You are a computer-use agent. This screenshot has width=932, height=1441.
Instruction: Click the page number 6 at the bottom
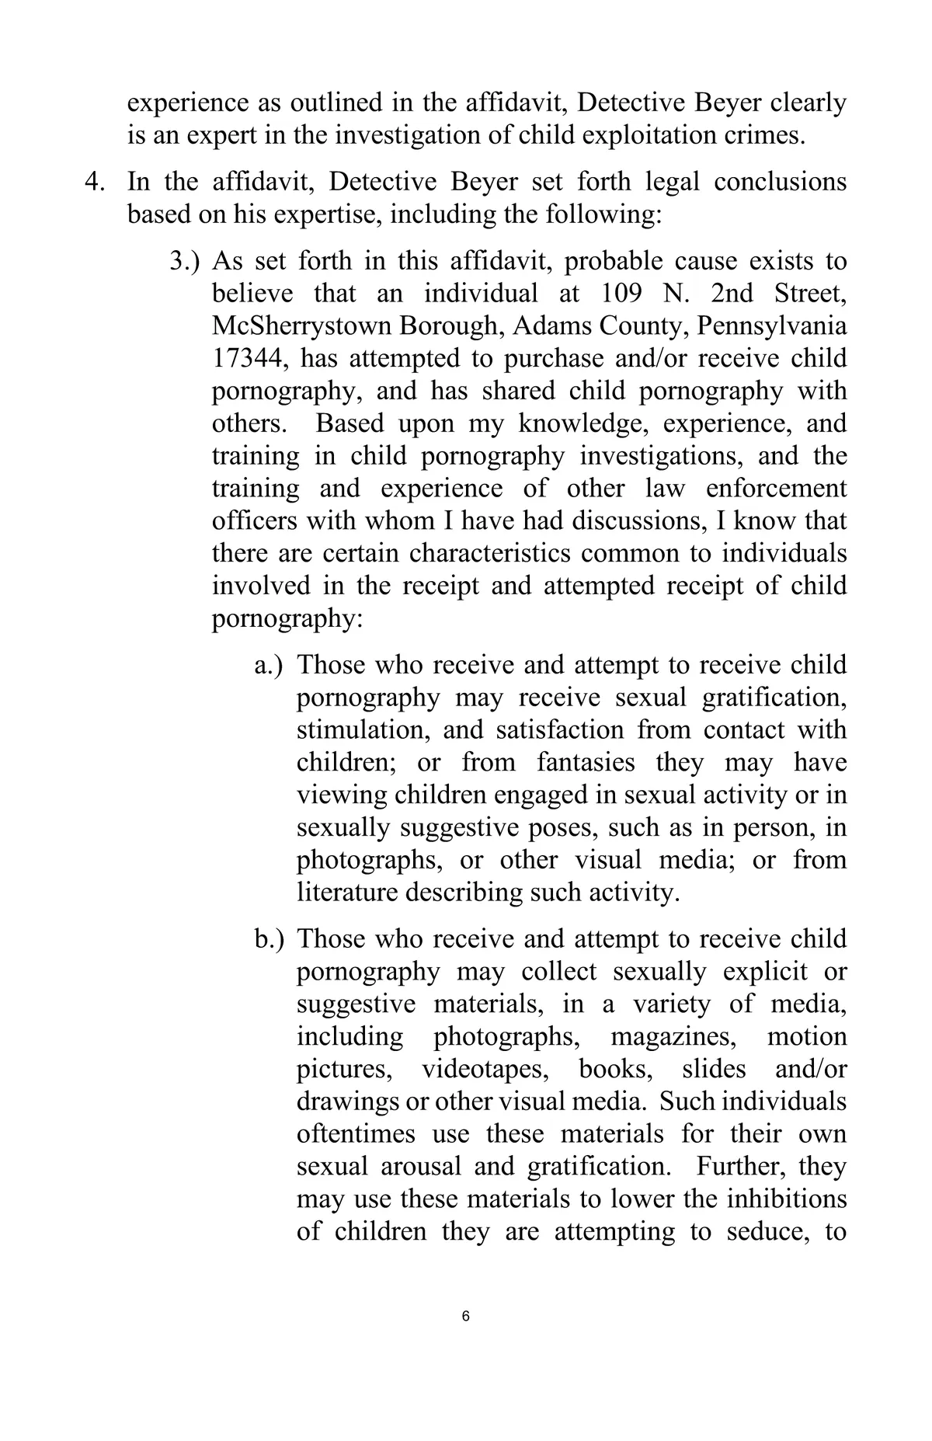coord(465,1316)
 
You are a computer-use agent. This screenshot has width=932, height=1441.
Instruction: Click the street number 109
coord(622,294)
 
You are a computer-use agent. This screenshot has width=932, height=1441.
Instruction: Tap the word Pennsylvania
coord(772,326)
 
